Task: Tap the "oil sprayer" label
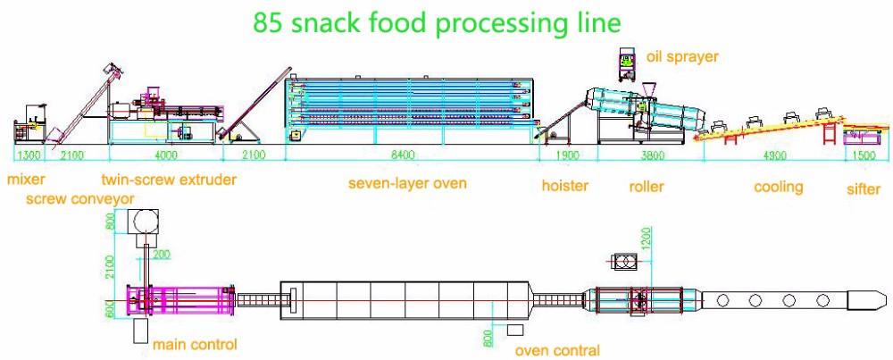(x=682, y=57)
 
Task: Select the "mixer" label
(x=26, y=180)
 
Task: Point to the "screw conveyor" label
(x=79, y=197)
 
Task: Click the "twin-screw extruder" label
(x=169, y=180)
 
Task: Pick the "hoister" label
(x=565, y=186)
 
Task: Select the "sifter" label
(x=864, y=188)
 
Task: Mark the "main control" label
(x=194, y=344)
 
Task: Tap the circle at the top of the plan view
(x=141, y=221)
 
